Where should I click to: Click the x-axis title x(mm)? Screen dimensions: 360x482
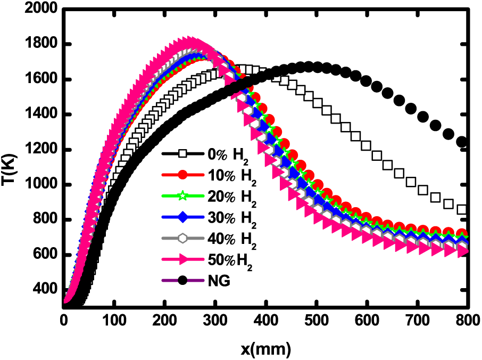click(x=264, y=349)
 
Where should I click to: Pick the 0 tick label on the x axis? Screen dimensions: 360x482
click(x=64, y=322)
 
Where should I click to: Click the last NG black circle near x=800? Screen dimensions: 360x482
click(x=462, y=142)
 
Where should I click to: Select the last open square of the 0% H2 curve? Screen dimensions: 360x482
click(x=462, y=210)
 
